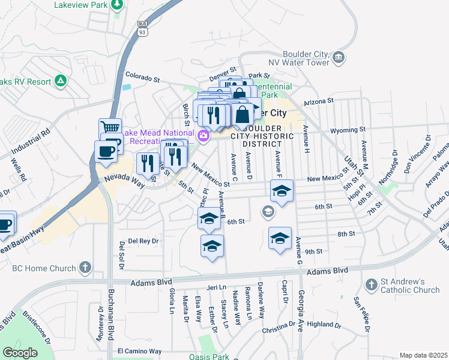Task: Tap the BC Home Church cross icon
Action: pyautogui.click(x=86, y=267)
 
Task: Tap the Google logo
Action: pyautogui.click(x=20, y=352)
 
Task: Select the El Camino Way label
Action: pyautogui.click(x=139, y=351)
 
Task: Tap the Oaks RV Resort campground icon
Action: pyautogui.click(x=60, y=80)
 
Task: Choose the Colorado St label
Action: pyautogui.click(x=142, y=79)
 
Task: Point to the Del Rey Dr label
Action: pyautogui.click(x=142, y=241)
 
